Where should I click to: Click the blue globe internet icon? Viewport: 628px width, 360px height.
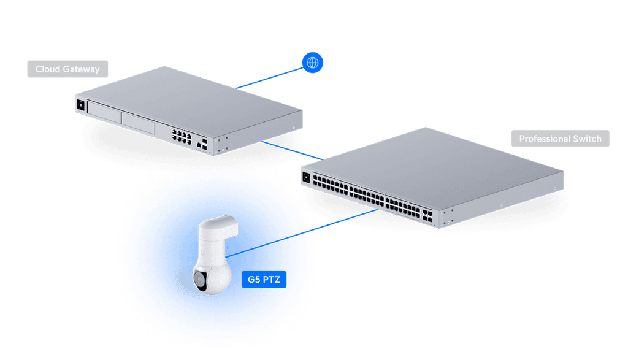pyautogui.click(x=313, y=62)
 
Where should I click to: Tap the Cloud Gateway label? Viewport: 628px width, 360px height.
pyautogui.click(x=67, y=69)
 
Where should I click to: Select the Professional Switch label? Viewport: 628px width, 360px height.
pyautogui.click(x=560, y=139)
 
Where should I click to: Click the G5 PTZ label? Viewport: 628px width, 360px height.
pyautogui.click(x=264, y=280)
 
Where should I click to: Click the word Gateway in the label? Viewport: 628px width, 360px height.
pyautogui.click(x=83, y=69)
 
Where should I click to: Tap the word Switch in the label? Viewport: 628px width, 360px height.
pyautogui.click(x=588, y=139)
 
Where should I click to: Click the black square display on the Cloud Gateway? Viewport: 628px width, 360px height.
pyautogui.click(x=80, y=105)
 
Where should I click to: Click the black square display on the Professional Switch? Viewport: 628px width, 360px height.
pyautogui.click(x=305, y=178)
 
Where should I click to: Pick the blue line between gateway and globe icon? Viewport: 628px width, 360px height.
pyautogui.click(x=270, y=77)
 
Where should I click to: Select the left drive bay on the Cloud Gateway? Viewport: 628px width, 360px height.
pyautogui.click(x=103, y=112)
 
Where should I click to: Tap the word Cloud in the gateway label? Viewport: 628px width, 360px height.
pyautogui.click(x=47, y=69)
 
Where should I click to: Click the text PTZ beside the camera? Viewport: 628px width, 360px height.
pyautogui.click(x=271, y=280)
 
